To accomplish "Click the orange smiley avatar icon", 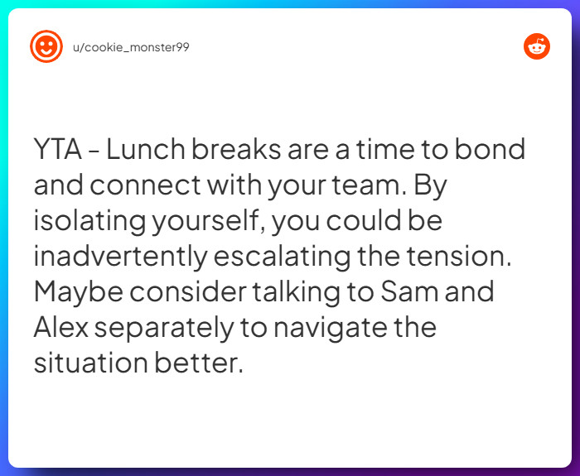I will pyautogui.click(x=46, y=46).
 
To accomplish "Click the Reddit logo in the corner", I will pyautogui.click(x=537, y=47).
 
